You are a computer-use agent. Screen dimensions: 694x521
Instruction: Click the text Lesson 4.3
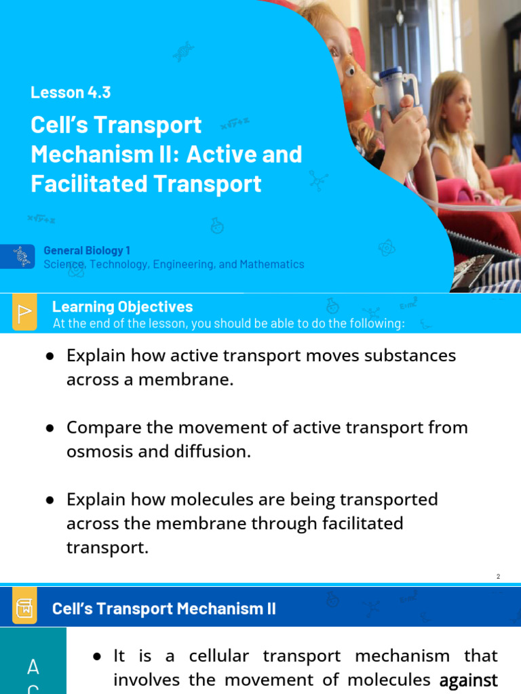(x=71, y=92)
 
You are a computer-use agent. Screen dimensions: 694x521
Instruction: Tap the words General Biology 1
(x=87, y=251)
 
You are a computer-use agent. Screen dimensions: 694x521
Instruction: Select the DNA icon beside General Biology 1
(x=22, y=256)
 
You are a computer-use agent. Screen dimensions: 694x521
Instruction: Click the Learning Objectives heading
(x=122, y=307)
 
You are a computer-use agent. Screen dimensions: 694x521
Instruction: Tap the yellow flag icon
(x=24, y=313)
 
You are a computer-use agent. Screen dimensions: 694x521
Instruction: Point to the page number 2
(x=498, y=576)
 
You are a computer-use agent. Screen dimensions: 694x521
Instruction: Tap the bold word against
(x=469, y=680)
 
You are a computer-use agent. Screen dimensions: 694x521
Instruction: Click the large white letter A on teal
(x=33, y=668)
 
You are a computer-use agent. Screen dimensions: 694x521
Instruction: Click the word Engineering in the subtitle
(x=183, y=264)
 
